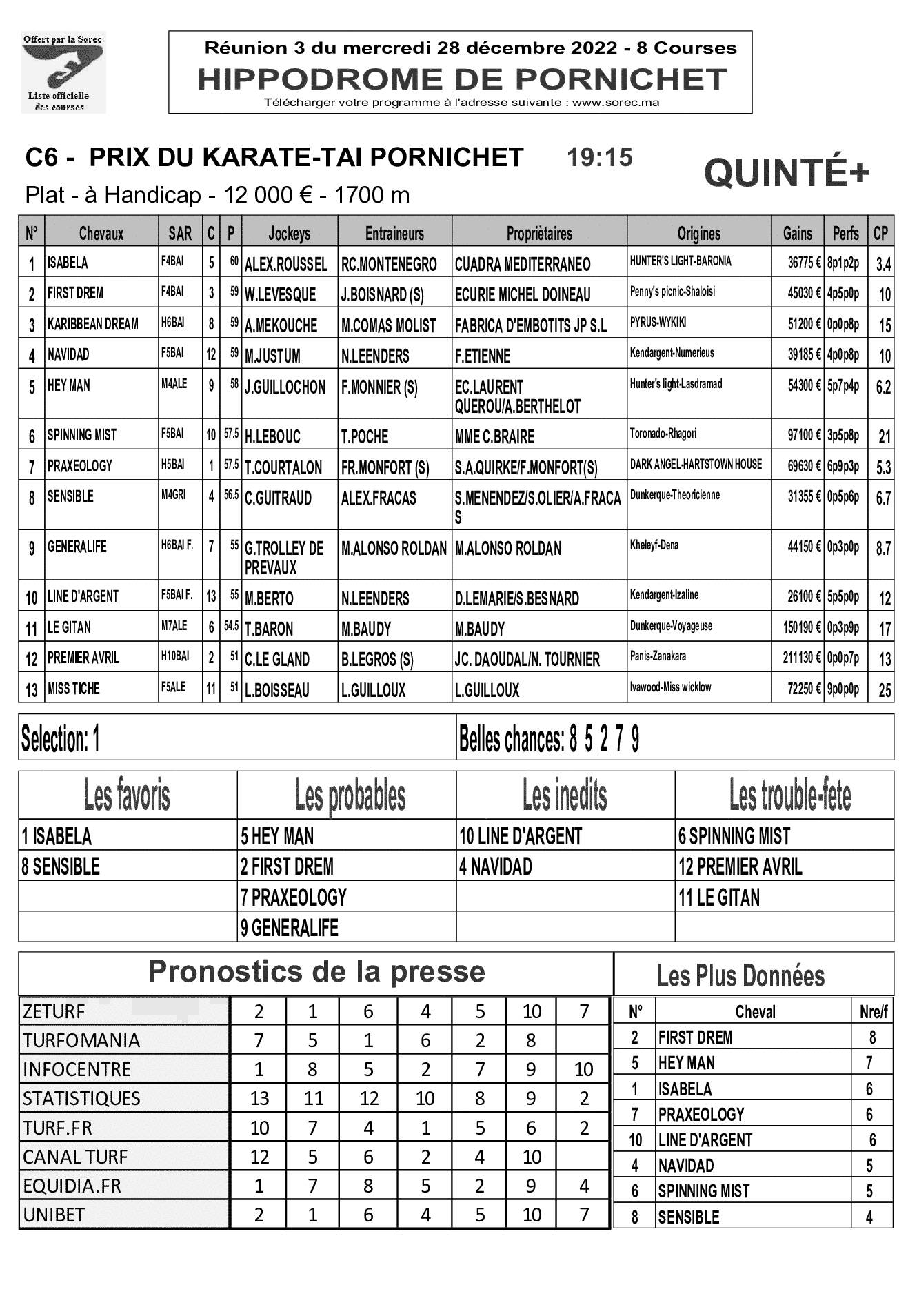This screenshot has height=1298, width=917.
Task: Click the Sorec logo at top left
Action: [x=63, y=72]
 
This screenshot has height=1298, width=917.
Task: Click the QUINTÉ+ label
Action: [x=787, y=173]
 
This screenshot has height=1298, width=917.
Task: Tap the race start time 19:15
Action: [x=599, y=158]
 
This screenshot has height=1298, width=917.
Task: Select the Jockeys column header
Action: [x=289, y=234]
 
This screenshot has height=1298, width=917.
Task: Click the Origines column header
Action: [x=698, y=234]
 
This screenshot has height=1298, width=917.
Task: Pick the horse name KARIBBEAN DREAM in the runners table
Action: [x=92, y=324]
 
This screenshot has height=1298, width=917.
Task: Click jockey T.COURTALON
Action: [x=283, y=468]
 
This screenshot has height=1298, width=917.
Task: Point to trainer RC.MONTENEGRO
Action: [x=389, y=265]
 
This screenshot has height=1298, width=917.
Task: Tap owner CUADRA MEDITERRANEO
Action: [x=523, y=265]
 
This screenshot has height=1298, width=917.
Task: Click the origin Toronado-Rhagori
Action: [x=663, y=434]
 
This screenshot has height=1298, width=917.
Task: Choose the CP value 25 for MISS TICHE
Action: [x=884, y=690]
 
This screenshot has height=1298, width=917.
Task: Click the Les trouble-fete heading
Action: [x=790, y=796]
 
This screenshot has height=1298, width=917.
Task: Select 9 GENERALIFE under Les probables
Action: [x=290, y=928]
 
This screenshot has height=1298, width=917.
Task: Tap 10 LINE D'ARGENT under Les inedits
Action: [x=521, y=837]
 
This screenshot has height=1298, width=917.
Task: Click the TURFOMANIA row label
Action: [x=81, y=1040]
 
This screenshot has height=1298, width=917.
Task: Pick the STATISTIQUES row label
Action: [x=81, y=1098]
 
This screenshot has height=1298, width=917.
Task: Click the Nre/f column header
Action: [x=874, y=1012]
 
